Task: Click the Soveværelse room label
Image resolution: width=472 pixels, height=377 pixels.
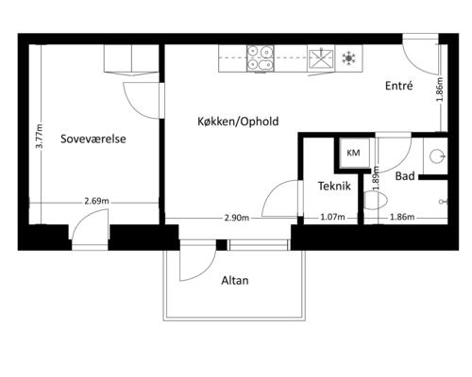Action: (x=93, y=139)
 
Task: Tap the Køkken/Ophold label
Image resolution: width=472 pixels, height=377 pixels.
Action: (x=238, y=122)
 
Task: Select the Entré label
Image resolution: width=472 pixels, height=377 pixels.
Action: (x=399, y=86)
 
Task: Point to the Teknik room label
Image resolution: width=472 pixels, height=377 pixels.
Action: (x=334, y=186)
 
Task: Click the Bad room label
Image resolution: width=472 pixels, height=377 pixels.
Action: (x=405, y=176)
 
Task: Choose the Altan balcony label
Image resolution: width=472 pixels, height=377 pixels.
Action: (x=235, y=280)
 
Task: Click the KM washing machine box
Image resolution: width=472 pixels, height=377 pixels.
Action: (x=353, y=153)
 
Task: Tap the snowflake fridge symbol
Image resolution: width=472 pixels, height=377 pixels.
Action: (x=348, y=58)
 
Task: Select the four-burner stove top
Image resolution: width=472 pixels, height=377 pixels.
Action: (x=261, y=58)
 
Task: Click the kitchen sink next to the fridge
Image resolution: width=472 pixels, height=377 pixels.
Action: (x=321, y=58)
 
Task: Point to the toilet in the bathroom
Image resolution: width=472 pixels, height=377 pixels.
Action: (x=375, y=202)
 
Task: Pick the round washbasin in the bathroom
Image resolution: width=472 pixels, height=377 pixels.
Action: (x=437, y=156)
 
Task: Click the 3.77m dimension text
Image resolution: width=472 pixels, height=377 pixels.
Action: (x=39, y=137)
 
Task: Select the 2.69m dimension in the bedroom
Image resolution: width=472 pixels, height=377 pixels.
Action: (x=96, y=201)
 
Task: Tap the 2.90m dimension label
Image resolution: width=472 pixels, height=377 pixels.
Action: (x=237, y=218)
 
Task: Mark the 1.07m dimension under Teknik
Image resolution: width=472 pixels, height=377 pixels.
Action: (x=332, y=217)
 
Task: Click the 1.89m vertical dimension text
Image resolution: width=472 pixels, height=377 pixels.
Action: (x=376, y=178)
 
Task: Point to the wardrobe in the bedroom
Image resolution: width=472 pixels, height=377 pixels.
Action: (x=131, y=59)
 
